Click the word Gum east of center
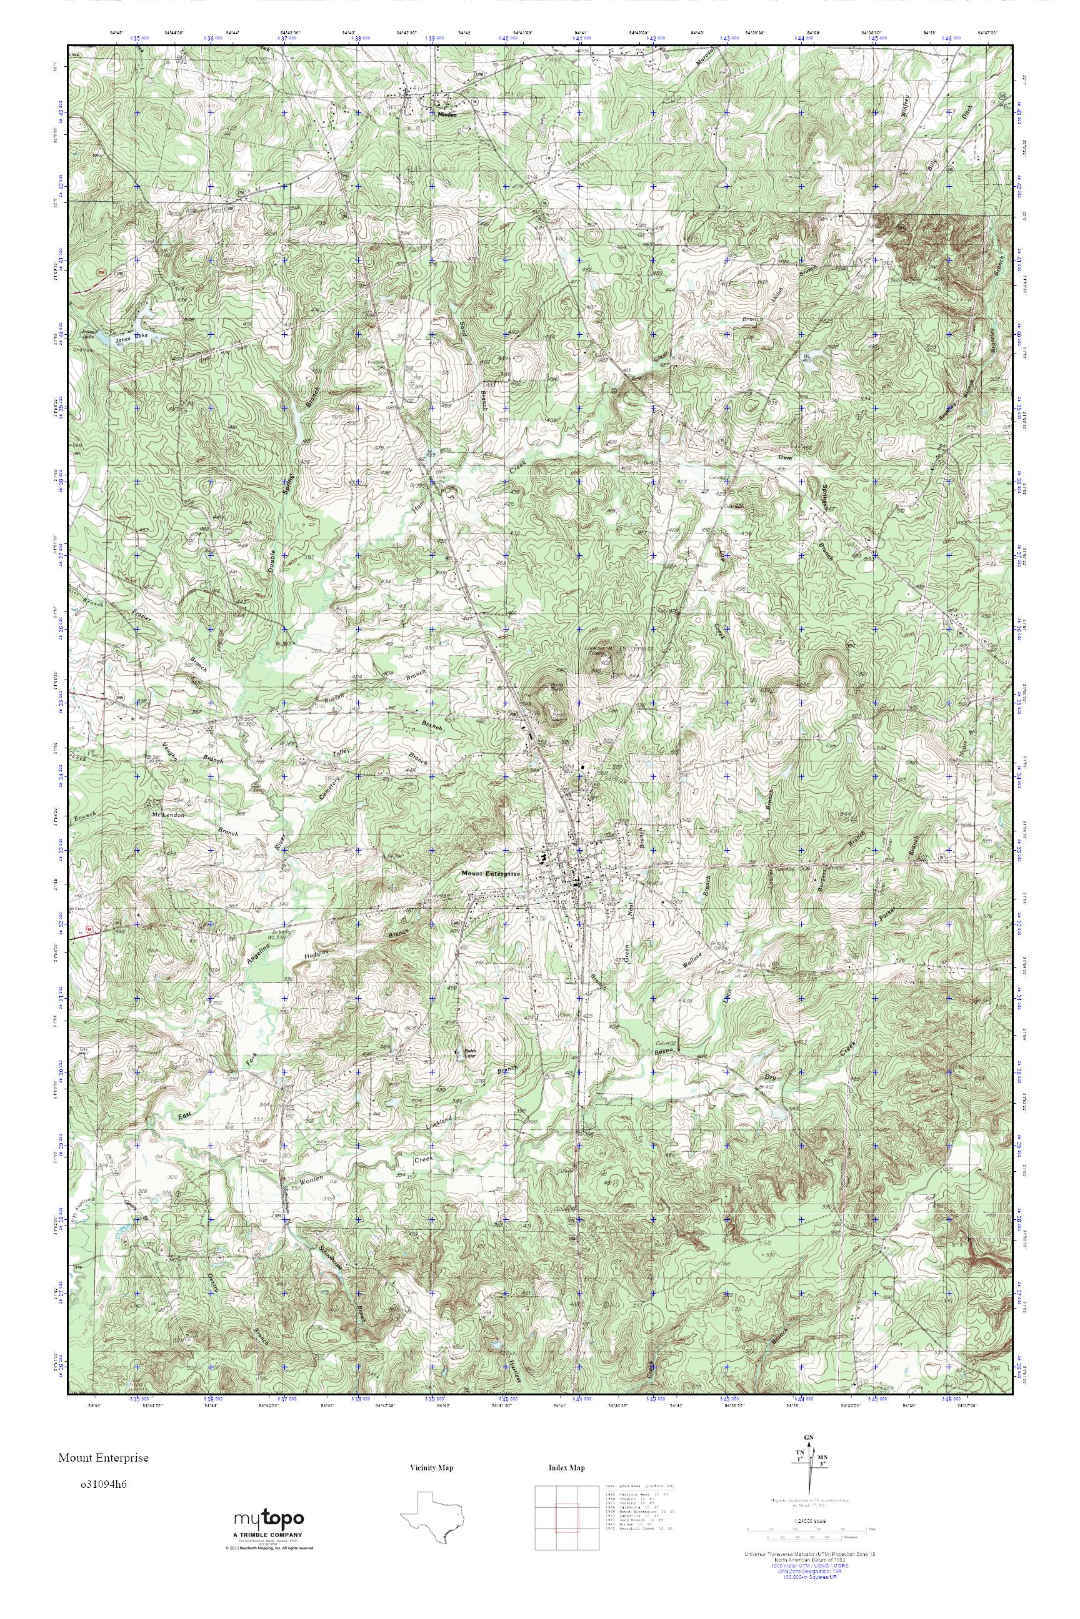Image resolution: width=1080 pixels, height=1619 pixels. (x=784, y=457)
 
